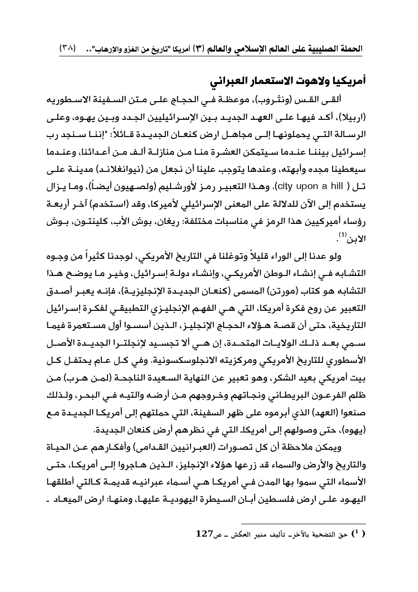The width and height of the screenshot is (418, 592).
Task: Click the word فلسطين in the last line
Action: pos(247,492)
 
